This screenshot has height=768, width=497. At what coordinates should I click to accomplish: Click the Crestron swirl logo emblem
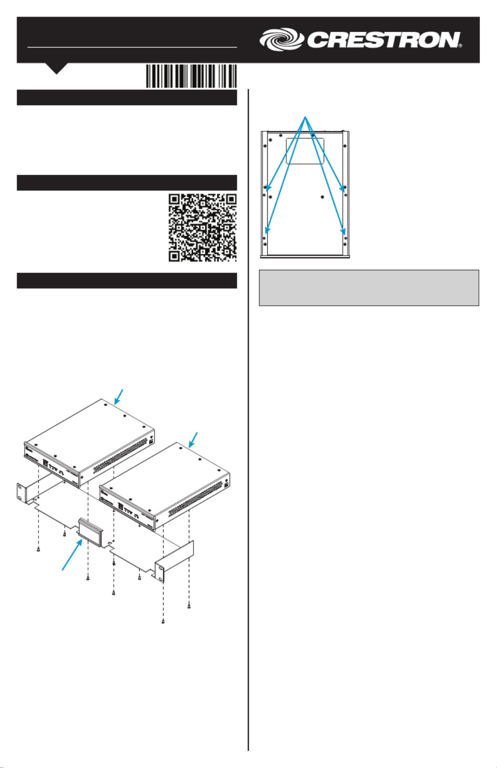point(282,39)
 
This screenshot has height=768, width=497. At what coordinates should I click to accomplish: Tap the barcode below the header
point(191,76)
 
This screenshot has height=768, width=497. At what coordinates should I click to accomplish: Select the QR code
point(203,228)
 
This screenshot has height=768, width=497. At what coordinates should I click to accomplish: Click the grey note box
point(369,288)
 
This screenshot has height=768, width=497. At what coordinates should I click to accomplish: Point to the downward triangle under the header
point(57,68)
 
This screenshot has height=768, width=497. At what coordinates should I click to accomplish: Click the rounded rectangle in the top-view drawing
point(305,151)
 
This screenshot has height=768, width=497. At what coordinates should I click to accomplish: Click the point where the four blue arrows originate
point(305,117)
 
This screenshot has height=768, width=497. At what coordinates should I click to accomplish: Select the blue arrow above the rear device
point(119,397)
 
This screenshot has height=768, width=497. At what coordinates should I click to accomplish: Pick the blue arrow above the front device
point(194,440)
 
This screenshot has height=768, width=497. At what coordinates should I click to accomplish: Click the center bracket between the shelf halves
point(90,532)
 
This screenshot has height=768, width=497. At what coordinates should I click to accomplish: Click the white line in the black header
point(132,47)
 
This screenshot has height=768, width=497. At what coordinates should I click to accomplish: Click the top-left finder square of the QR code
point(175,200)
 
